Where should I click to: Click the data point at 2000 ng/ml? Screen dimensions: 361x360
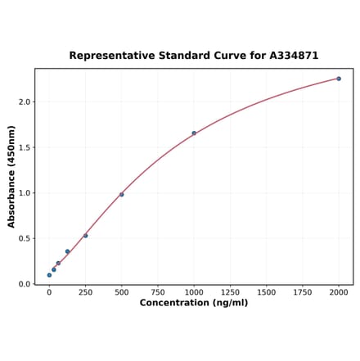click(339, 79)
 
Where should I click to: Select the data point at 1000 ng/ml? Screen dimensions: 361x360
click(194, 133)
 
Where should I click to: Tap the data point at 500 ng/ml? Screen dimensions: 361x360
click(122, 194)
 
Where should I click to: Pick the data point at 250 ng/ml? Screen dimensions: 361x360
click(85, 236)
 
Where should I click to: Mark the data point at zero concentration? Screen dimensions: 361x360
click(49, 275)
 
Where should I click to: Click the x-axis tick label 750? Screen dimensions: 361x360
click(158, 292)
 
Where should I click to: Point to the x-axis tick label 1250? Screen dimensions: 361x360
click(230, 292)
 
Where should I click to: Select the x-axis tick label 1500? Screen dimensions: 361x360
click(266, 292)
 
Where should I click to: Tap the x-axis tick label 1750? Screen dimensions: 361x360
click(303, 292)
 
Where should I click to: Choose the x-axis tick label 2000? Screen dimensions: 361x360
click(339, 292)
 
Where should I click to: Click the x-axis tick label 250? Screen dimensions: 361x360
click(85, 292)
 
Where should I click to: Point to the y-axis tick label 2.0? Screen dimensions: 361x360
click(25, 102)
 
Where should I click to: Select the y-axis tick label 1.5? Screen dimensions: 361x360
click(25, 148)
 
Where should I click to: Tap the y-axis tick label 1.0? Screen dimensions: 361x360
click(25, 193)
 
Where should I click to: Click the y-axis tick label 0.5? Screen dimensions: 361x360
click(25, 239)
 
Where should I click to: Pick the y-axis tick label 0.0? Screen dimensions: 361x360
click(25, 285)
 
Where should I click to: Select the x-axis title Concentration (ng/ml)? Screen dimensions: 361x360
click(194, 304)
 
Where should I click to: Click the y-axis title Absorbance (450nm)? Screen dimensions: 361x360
click(11, 176)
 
